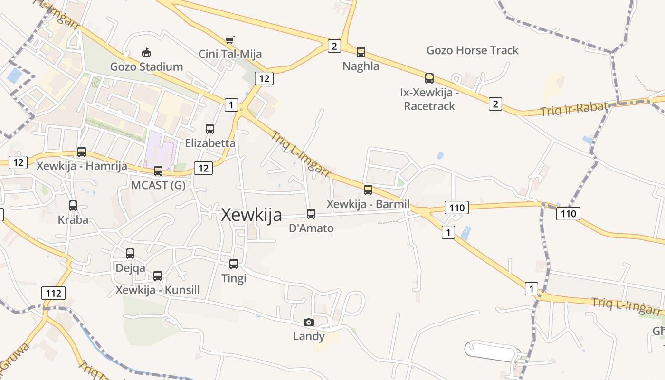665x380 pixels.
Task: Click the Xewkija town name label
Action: (x=251, y=215)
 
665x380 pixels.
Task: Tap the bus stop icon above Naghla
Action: (x=361, y=52)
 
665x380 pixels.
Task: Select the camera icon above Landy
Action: (x=309, y=322)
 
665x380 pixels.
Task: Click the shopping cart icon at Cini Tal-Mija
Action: (x=230, y=40)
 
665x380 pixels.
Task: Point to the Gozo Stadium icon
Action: (x=146, y=52)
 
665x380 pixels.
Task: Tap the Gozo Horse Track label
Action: (x=472, y=50)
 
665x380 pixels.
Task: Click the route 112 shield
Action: (x=54, y=293)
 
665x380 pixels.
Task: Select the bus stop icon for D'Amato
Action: (x=311, y=214)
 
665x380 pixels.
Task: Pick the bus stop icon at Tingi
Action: (x=234, y=264)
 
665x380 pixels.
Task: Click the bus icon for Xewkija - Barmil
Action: (x=368, y=190)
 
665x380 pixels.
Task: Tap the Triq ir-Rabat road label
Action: (x=574, y=109)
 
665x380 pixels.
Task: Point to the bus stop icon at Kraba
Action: (x=73, y=206)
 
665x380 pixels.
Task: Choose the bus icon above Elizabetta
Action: (x=210, y=129)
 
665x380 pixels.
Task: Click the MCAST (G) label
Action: (x=158, y=185)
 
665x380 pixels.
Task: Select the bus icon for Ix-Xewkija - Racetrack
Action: (x=429, y=78)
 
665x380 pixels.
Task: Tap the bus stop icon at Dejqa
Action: (x=130, y=254)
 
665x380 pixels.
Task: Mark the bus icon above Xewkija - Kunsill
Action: (x=158, y=275)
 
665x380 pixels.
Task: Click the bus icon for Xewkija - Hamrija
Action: (x=82, y=152)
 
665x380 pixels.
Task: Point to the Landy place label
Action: (x=309, y=336)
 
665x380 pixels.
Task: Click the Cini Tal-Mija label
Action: (x=230, y=54)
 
